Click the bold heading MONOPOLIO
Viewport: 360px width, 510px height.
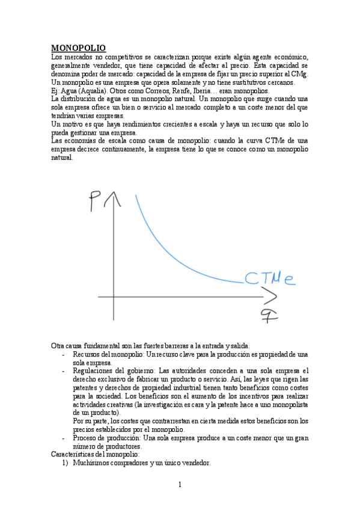point(78,48)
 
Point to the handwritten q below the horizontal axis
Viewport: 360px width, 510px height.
point(267,316)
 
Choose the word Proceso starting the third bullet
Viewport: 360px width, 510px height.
point(85,438)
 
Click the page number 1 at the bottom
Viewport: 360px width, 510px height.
point(179,485)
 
